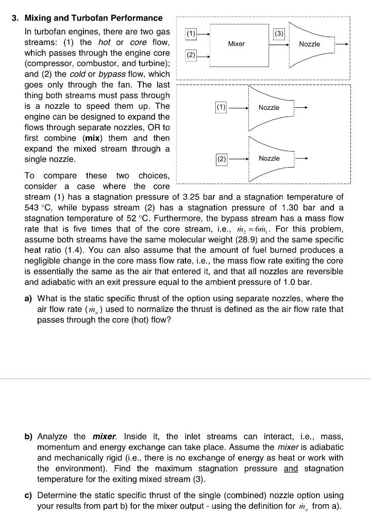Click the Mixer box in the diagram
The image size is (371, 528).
[237, 44]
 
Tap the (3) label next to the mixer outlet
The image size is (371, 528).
[279, 35]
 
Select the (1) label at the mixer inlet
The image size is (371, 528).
[191, 35]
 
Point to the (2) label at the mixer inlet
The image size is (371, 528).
[191, 55]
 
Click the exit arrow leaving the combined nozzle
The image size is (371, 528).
[342, 44]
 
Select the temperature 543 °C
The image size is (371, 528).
[38, 207]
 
